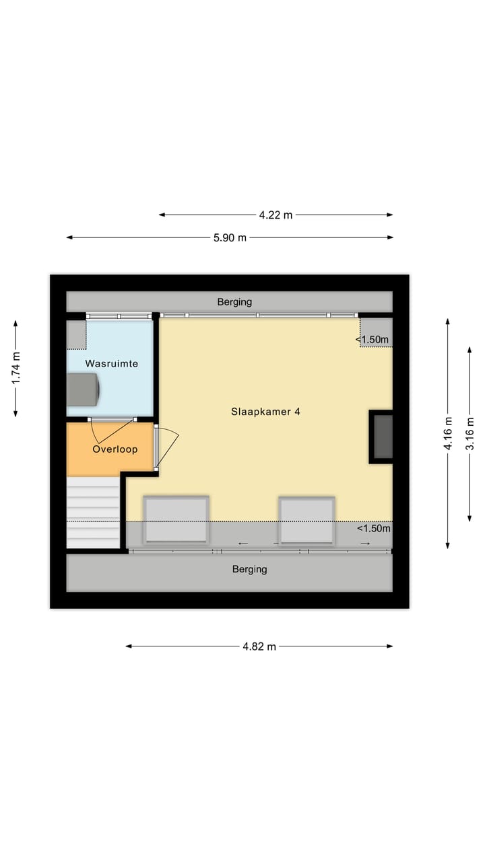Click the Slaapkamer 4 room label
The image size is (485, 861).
265,412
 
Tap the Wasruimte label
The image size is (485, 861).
111,363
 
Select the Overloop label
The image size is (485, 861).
115,449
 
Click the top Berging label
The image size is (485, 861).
234,302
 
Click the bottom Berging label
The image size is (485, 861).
249,569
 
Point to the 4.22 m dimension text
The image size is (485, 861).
276,215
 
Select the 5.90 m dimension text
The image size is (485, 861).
230,237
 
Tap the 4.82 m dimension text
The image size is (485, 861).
259,646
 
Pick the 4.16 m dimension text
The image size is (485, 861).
447,434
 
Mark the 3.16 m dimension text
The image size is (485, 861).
470,434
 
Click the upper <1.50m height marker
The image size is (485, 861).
373,340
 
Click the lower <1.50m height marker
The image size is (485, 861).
373,528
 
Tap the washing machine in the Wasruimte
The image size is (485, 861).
84,389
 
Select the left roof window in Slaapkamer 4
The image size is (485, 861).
176,519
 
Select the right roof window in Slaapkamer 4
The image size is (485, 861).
307,520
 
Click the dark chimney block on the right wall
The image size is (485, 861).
382,437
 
